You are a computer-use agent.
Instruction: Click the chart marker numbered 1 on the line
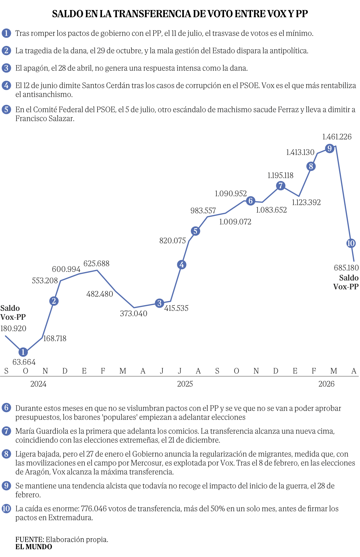tap(23, 352)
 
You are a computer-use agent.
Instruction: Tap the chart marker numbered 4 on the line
tap(182, 265)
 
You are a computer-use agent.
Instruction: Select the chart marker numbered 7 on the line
tap(281, 185)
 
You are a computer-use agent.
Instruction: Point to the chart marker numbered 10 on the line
tap(351, 243)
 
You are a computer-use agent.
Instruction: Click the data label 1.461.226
tap(337, 137)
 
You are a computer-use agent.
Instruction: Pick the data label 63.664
tap(24, 362)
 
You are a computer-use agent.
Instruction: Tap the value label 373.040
tap(134, 314)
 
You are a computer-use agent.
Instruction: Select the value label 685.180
tap(346, 268)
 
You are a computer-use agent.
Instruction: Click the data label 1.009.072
tap(235, 222)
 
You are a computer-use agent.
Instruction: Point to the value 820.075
tap(172, 241)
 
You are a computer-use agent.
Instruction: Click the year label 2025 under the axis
tap(185, 384)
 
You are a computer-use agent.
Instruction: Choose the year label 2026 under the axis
tap(326, 384)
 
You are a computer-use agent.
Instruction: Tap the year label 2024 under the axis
tap(38, 384)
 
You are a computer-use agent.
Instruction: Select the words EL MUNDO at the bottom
tap(34, 547)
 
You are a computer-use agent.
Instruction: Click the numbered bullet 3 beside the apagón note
tap(6, 68)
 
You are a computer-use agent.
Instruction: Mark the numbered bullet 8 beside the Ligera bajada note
tap(6, 454)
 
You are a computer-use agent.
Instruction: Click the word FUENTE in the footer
tap(30, 539)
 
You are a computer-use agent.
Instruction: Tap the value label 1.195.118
tap(280, 175)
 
